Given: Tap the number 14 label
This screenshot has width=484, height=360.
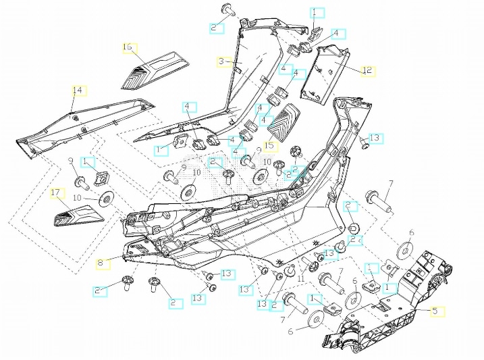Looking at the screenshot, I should point(78,91).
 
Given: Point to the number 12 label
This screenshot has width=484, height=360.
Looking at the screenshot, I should point(367,70).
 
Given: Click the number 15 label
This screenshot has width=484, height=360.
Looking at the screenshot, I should point(270,145).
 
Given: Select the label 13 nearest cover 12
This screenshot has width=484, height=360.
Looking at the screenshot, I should point(375,138).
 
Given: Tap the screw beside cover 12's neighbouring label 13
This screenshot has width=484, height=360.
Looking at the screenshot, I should point(363,143).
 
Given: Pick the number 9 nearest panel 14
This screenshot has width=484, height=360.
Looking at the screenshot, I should point(70,160).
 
